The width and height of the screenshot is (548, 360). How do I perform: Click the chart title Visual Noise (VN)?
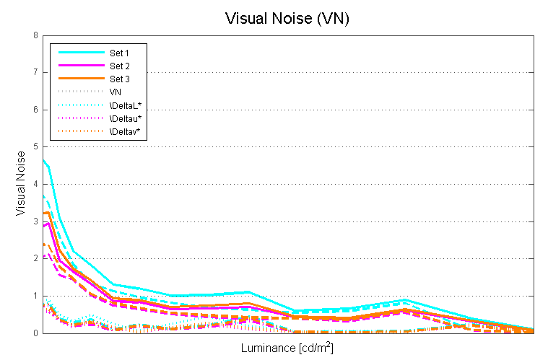click(x=287, y=19)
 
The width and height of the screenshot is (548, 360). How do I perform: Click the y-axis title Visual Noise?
click(x=21, y=184)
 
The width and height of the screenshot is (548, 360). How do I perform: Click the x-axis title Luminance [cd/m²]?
click(x=287, y=348)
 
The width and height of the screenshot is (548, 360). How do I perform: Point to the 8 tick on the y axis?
click(x=35, y=35)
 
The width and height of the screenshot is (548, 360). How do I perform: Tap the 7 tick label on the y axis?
click(x=35, y=72)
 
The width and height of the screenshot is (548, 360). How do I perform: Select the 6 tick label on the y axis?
click(x=35, y=110)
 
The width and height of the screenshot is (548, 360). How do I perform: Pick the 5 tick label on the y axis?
click(x=35, y=146)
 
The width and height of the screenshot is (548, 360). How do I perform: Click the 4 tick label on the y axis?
click(x=35, y=184)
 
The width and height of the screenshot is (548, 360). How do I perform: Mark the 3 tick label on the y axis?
click(x=35, y=221)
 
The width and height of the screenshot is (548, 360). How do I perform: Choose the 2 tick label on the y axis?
click(x=35, y=258)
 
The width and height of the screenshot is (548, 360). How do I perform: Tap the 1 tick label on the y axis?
click(x=35, y=296)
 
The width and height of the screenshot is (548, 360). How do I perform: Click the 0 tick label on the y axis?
click(x=35, y=333)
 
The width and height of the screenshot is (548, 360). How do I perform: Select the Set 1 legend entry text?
click(x=120, y=53)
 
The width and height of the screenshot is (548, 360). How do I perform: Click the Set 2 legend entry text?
click(x=120, y=66)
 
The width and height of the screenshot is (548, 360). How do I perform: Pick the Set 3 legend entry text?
click(x=120, y=79)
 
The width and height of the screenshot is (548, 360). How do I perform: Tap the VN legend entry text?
click(x=116, y=92)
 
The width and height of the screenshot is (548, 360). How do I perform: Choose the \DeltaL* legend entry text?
click(x=125, y=105)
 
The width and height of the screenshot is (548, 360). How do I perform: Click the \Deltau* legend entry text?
click(x=125, y=118)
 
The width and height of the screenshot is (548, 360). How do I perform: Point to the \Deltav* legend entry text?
click(x=125, y=131)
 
